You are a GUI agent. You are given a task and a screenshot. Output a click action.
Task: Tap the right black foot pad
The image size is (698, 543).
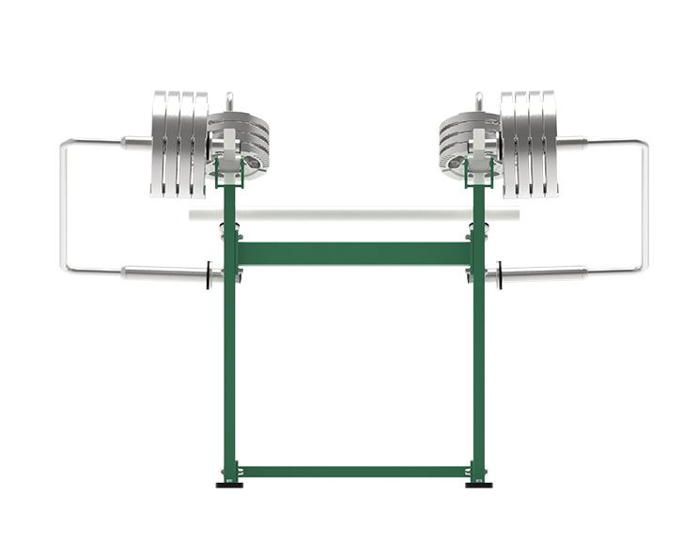click(477, 485)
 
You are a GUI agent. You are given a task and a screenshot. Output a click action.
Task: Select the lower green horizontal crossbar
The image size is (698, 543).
click(351, 470)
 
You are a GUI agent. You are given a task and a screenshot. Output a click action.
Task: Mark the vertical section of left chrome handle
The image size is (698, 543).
click(64, 207)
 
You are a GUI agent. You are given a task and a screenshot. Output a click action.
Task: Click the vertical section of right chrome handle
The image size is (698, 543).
click(644, 207)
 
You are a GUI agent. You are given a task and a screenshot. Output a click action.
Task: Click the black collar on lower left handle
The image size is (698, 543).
click(208, 276)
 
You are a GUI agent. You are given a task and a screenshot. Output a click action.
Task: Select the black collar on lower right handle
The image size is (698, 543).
click(499, 276)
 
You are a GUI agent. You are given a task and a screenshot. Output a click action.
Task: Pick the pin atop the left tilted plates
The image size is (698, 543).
click(227, 100)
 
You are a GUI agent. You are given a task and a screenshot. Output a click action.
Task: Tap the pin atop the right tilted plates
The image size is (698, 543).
click(478, 100)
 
